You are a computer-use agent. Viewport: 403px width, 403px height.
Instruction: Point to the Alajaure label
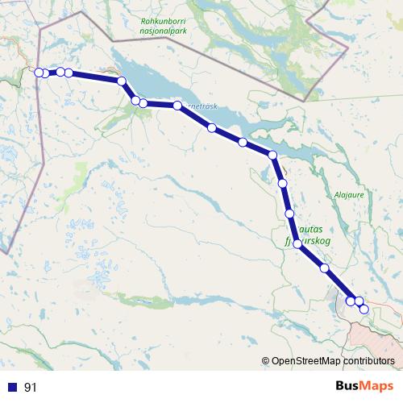click(x=350, y=195)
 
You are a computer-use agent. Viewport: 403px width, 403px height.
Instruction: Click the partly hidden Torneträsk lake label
click(x=201, y=106)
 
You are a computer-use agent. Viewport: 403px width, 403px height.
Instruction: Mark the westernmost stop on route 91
click(x=39, y=73)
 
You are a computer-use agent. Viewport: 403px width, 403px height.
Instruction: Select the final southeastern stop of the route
click(x=364, y=309)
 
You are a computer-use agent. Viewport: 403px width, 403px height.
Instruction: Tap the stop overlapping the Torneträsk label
click(x=177, y=106)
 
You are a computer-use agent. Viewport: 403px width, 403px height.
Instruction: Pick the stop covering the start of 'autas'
click(x=289, y=214)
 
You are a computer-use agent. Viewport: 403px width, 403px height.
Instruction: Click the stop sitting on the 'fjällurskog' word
click(x=297, y=243)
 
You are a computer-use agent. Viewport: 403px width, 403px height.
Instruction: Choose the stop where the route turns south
click(x=272, y=155)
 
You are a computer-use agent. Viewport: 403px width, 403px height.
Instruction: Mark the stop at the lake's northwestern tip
click(x=122, y=81)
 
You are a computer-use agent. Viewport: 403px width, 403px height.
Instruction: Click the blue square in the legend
click(x=12, y=387)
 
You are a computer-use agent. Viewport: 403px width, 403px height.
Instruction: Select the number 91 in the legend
click(x=31, y=387)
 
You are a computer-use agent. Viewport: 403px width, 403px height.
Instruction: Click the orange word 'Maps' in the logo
click(x=376, y=387)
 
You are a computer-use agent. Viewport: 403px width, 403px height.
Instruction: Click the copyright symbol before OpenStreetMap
click(x=265, y=361)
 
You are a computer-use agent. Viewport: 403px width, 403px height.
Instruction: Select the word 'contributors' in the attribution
click(x=368, y=361)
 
